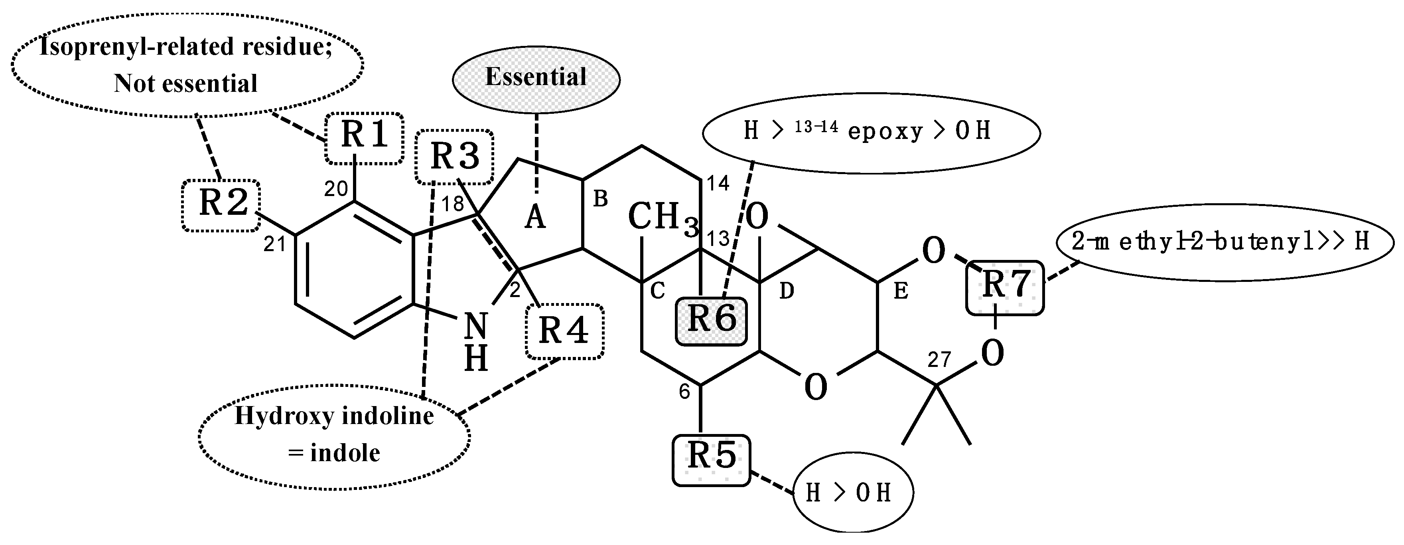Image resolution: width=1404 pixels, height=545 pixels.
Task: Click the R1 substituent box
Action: [x=364, y=138]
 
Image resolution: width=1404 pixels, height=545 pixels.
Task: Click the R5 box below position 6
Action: [x=711, y=459]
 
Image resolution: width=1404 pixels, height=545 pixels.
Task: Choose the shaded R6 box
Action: [x=711, y=321]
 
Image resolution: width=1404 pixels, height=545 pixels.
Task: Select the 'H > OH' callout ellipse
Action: [x=852, y=493]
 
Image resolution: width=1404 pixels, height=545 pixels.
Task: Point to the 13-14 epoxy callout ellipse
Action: [x=871, y=132]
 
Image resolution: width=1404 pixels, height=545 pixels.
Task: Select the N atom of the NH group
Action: [x=476, y=326]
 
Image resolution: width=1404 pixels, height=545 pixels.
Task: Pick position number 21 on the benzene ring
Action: [x=275, y=244]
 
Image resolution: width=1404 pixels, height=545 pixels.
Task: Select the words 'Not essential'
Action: [x=185, y=84]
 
